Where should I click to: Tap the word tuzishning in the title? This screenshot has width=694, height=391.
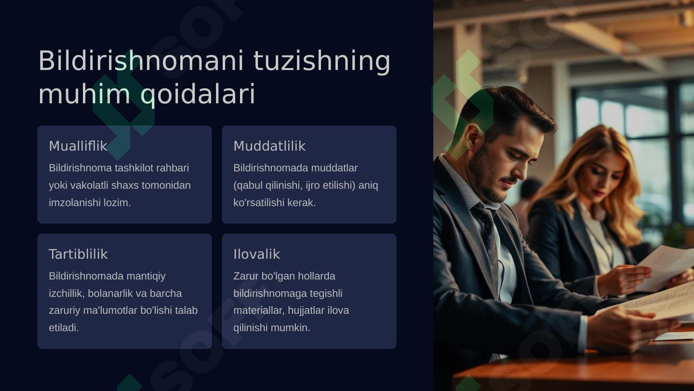coord(321,61)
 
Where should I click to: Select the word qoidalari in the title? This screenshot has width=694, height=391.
coord(198,94)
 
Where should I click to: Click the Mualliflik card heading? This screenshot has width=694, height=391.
coord(78,146)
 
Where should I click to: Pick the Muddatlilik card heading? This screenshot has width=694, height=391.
coord(269,146)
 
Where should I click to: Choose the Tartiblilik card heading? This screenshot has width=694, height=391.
coord(78,254)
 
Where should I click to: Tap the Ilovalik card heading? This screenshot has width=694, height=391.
coord(256,254)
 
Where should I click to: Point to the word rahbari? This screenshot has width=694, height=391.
coord(173,168)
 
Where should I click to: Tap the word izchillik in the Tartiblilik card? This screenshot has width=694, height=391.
coord(66,293)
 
